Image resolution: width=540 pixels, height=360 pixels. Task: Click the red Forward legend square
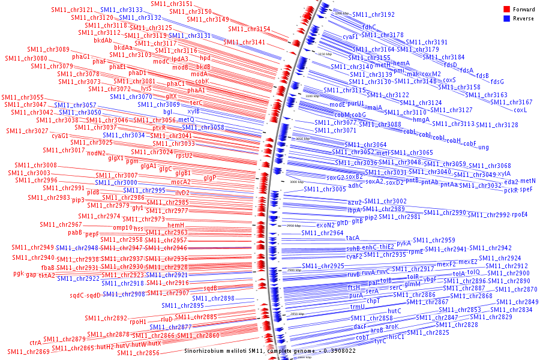tap(507, 8)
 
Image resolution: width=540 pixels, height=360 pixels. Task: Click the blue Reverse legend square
tap(507, 17)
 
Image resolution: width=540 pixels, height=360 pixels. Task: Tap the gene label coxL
tap(520, 110)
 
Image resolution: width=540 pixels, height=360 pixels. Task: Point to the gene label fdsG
tap(497, 82)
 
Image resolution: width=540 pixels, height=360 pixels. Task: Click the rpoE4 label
tap(520, 215)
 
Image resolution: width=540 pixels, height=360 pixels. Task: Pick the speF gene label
tap(526, 190)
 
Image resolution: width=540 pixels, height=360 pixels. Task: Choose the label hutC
tap(394, 311)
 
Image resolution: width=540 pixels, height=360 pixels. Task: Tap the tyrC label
tap(380, 341)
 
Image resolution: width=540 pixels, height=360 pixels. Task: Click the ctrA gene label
tap(35, 343)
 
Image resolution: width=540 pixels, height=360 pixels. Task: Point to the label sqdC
tap(77, 295)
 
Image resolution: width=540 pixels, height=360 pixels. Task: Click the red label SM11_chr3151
tap(172, 4)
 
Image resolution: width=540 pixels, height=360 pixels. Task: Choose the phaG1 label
tap(81, 56)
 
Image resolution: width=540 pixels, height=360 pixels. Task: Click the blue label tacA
tap(353, 238)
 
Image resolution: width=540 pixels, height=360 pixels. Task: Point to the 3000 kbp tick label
tap(297, 181)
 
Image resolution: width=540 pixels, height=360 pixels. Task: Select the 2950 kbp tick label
tap(293, 226)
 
